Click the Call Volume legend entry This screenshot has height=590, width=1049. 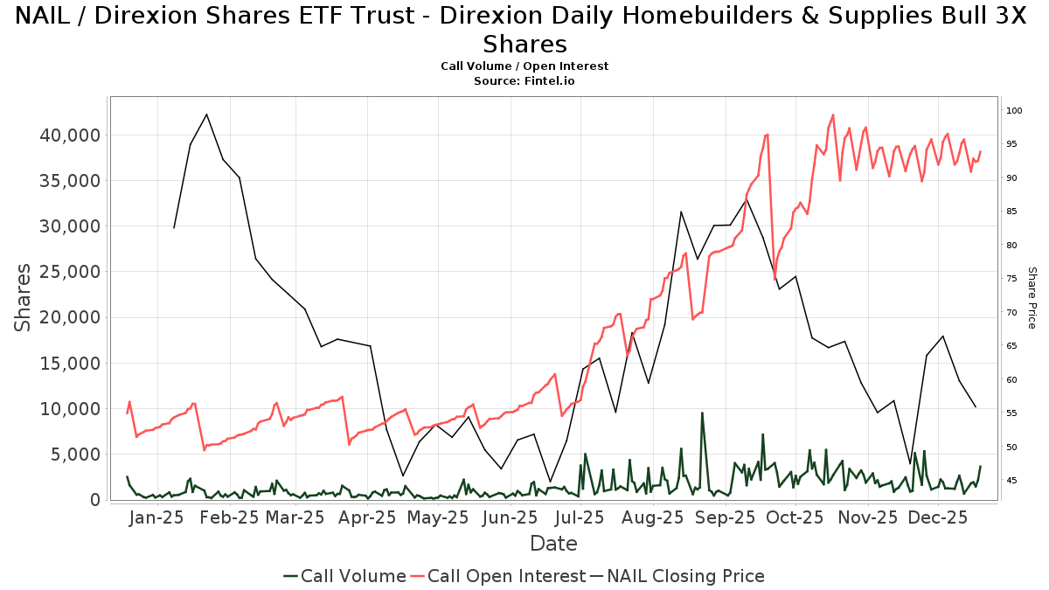click(x=344, y=576)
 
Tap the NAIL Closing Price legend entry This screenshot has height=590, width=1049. click(x=677, y=576)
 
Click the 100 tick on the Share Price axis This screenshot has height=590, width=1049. click(x=1014, y=111)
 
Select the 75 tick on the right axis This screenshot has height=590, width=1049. click(x=1011, y=279)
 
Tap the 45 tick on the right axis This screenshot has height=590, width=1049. click(x=1011, y=481)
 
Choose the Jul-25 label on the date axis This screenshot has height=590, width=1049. click(x=579, y=517)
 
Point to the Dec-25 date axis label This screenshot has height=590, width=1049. click(x=936, y=517)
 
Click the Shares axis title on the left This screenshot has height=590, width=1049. click(x=24, y=297)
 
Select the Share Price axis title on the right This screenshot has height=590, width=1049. click(x=1032, y=297)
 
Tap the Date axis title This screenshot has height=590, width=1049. click(x=553, y=544)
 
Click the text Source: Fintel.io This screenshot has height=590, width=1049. click(x=524, y=80)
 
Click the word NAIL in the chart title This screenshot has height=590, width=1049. click(x=45, y=16)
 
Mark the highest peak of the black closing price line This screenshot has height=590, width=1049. click(x=206, y=115)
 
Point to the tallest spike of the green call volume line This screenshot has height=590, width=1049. click(x=701, y=413)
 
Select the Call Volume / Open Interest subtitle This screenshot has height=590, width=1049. click(x=524, y=66)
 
